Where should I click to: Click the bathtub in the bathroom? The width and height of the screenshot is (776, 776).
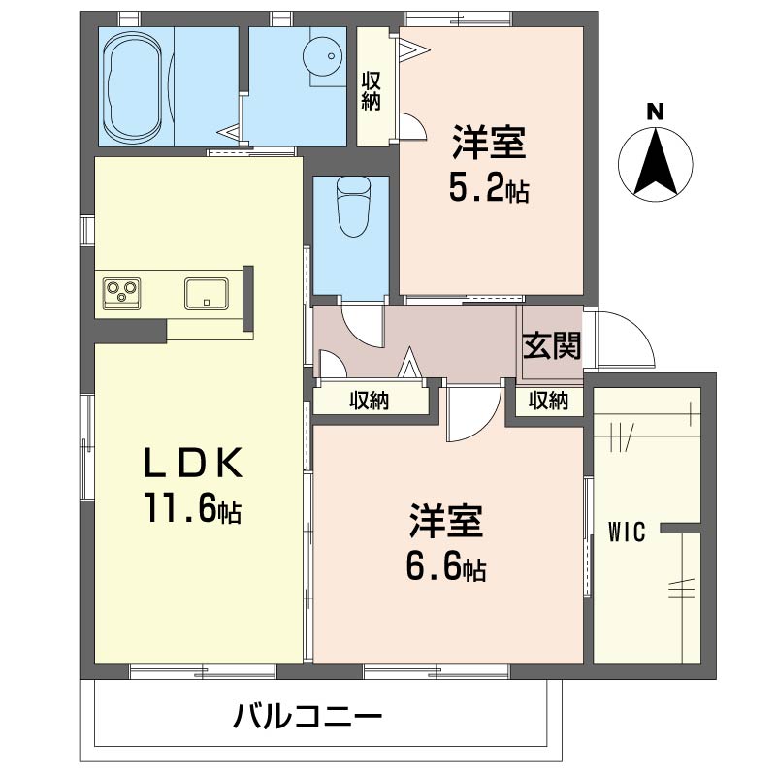click(x=133, y=86)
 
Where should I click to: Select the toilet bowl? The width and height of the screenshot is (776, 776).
click(x=353, y=207)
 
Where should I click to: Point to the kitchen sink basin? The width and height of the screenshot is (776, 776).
click(x=207, y=294)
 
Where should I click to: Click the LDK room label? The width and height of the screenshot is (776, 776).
click(x=193, y=462)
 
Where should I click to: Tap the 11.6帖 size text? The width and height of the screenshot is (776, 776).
click(x=193, y=507)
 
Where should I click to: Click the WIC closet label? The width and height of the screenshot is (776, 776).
click(x=627, y=532)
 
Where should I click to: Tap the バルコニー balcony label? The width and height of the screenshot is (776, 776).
click(x=307, y=716)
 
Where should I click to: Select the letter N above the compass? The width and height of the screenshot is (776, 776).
click(x=656, y=112)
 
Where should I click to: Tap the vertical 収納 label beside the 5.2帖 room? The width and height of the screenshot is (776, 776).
click(x=371, y=91)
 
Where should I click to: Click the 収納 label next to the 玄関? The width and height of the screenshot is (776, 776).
click(x=548, y=401)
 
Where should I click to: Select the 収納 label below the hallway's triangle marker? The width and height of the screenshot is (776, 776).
click(x=370, y=401)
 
